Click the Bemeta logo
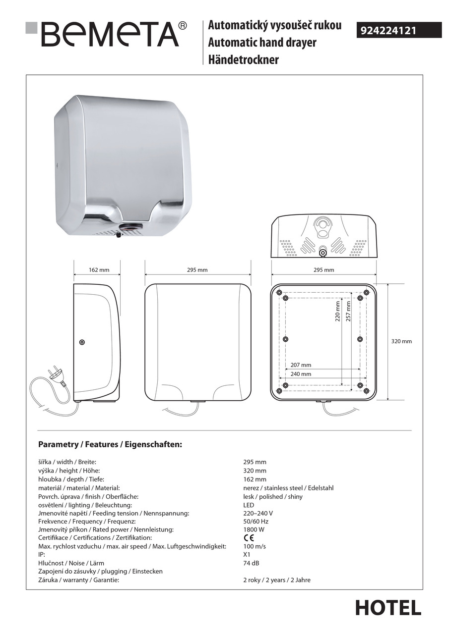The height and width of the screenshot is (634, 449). (x=106, y=34)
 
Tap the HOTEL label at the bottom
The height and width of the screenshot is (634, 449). (x=388, y=608)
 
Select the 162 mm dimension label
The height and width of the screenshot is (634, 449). (x=99, y=270)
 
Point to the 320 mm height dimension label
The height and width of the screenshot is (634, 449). (x=401, y=341)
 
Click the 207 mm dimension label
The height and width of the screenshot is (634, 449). (x=301, y=365)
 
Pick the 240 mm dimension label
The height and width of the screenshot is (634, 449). (x=301, y=374)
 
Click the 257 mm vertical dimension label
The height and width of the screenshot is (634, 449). (x=348, y=311)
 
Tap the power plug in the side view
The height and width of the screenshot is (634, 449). (x=56, y=375)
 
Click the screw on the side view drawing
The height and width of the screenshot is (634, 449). (x=82, y=342)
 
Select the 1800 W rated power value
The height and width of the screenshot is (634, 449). (x=254, y=529)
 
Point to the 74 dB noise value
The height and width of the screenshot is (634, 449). (x=251, y=563)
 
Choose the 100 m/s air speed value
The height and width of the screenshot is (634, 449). (x=255, y=546)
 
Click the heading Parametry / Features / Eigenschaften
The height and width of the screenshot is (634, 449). (x=110, y=444)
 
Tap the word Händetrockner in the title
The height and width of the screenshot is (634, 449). (x=243, y=60)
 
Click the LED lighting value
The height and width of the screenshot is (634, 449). (x=249, y=505)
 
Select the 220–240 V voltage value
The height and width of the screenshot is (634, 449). (x=258, y=513)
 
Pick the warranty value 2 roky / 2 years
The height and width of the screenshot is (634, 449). (x=277, y=580)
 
